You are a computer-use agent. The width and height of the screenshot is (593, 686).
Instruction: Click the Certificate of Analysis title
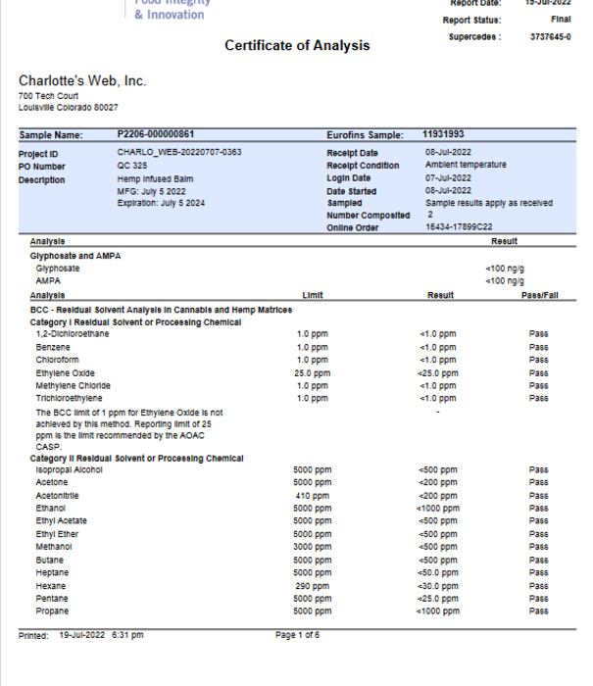tap(297, 46)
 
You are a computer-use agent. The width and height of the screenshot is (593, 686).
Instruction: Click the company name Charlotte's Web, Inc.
tap(82, 80)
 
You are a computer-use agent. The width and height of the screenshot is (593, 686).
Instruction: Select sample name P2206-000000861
tap(155, 134)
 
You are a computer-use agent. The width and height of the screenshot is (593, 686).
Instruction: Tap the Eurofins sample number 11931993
tap(443, 134)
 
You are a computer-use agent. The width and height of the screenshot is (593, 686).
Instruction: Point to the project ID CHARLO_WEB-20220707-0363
tap(178, 153)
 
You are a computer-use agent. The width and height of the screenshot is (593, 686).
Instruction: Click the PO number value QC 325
tap(131, 166)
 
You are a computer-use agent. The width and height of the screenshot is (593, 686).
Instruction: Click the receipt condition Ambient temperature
tap(466, 166)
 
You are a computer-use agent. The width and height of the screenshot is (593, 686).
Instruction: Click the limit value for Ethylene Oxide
tap(313, 373)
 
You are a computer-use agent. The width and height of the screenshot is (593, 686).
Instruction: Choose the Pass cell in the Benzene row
tap(538, 348)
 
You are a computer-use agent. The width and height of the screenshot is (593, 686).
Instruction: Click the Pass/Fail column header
tap(538, 296)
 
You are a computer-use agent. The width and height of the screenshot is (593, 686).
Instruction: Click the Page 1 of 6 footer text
tap(297, 635)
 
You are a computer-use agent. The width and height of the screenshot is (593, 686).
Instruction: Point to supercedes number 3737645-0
tap(550, 37)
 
